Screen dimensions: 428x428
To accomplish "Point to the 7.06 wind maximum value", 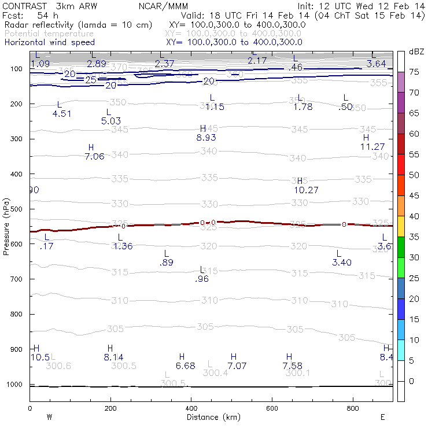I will (x=94, y=156).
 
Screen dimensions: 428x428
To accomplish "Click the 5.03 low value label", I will (x=110, y=121).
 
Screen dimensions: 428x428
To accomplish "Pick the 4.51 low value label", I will (x=62, y=114).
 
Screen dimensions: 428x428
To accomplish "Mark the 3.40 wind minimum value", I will (x=342, y=263).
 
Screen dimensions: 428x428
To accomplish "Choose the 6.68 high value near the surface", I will (x=185, y=366).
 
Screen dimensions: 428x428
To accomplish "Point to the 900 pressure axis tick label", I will (x=16, y=349).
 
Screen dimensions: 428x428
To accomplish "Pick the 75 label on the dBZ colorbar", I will (x=414, y=72).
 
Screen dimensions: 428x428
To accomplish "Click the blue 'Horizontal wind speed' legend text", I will (x=50, y=42).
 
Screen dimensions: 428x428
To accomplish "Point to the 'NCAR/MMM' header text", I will (x=164, y=5).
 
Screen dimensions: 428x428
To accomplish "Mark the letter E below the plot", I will (x=382, y=416).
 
